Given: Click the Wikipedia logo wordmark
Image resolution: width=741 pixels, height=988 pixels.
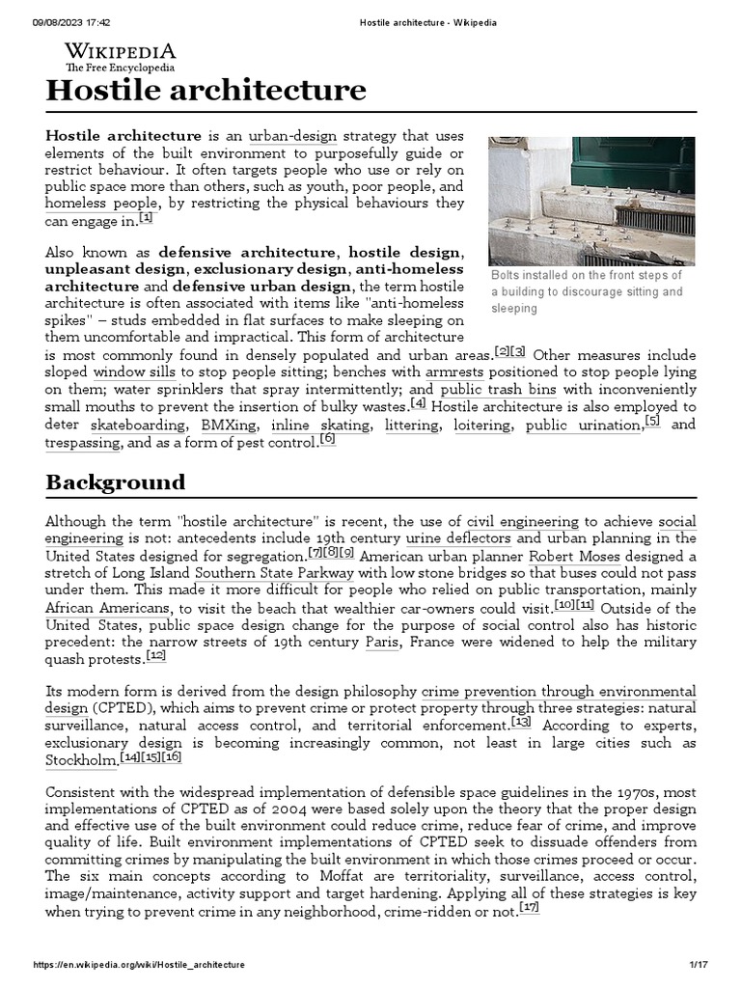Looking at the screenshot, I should click(x=120, y=52).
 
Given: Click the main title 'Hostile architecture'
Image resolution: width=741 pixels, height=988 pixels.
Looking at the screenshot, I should click(x=206, y=91).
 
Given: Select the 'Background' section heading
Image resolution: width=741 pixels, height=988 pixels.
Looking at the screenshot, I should click(x=115, y=481).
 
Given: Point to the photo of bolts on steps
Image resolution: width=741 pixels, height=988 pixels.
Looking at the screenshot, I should click(x=591, y=200).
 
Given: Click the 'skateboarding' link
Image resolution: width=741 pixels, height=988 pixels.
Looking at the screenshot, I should click(x=139, y=425).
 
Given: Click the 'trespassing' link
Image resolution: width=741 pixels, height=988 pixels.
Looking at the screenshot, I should click(x=83, y=443).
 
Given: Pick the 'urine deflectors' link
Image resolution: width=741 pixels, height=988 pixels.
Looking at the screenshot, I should click(x=459, y=537).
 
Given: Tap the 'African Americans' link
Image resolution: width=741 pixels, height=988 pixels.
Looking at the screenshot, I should click(x=108, y=608).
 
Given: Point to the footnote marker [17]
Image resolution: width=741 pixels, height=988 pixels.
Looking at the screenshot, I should click(x=528, y=907).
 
